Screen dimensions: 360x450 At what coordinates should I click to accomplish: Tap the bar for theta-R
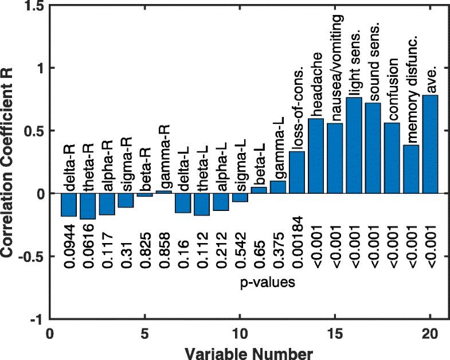pos(88,206)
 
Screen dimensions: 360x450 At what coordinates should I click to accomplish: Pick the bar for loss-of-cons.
pos(297,173)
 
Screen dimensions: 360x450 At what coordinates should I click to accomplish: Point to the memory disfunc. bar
pos(411,169)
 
